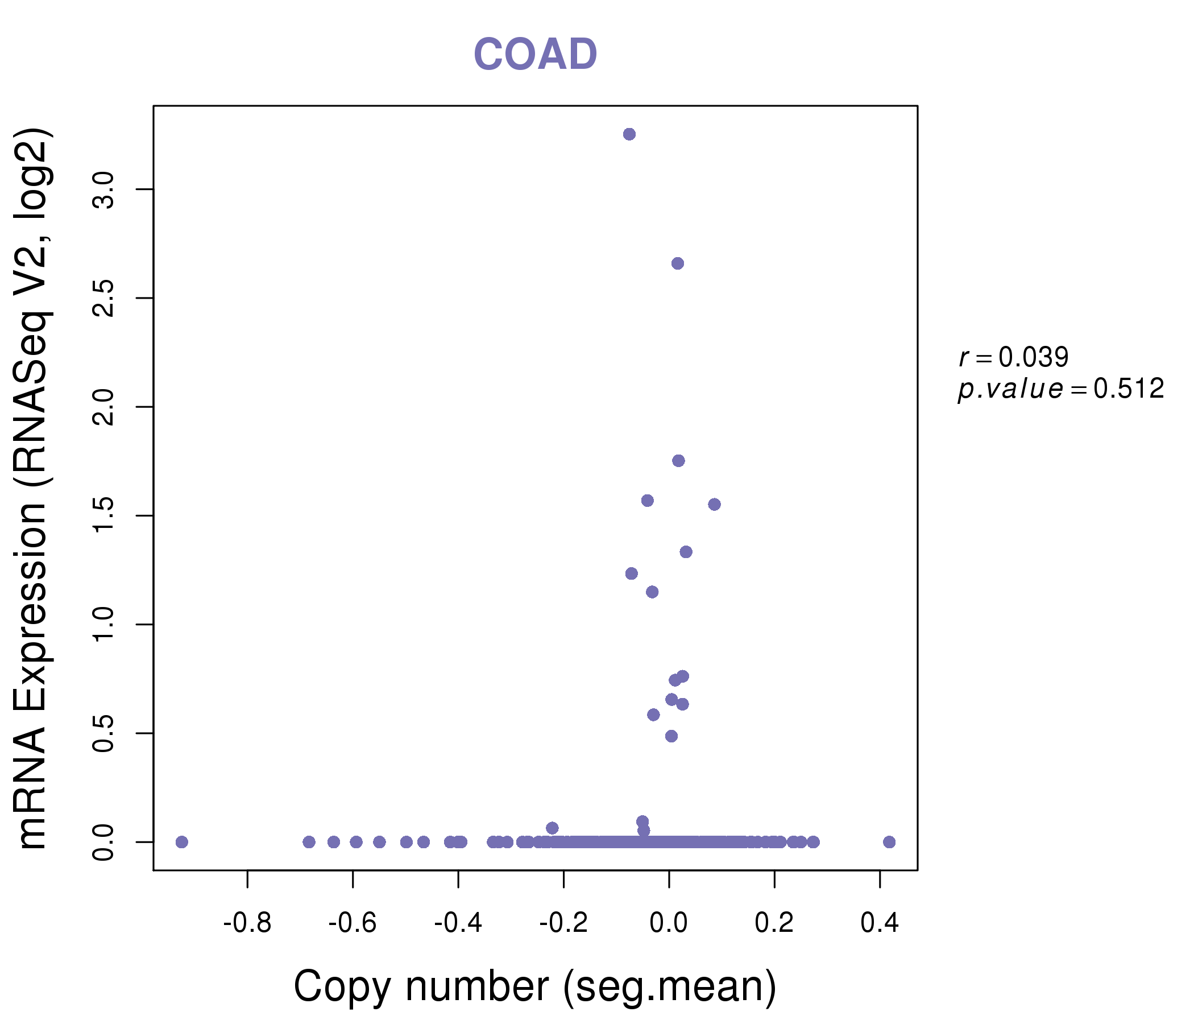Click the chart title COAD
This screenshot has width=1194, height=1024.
click(535, 55)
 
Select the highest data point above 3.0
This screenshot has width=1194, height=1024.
click(629, 134)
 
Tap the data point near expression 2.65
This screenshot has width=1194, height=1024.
click(678, 263)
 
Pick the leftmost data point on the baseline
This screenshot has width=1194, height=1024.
click(182, 842)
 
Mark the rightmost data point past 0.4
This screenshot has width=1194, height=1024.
click(889, 842)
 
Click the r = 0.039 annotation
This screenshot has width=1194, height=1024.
click(1014, 357)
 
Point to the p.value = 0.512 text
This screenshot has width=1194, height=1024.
click(1061, 389)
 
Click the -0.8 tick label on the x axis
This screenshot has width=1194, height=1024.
click(247, 923)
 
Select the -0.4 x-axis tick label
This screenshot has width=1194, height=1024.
click(458, 923)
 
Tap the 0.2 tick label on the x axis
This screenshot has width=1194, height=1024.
click(774, 923)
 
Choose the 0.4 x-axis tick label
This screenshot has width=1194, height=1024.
click(880, 923)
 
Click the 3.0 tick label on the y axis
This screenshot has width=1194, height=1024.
click(103, 189)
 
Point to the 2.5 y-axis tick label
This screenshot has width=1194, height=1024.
click(103, 298)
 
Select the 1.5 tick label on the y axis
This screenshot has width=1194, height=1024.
click(103, 515)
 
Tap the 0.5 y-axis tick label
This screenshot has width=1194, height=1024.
click(103, 733)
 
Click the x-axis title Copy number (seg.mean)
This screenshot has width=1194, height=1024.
click(535, 986)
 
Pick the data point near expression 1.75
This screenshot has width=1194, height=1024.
click(678, 461)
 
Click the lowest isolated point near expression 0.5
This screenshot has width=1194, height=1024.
click(671, 736)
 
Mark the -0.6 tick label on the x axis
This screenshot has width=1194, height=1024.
click(353, 923)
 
